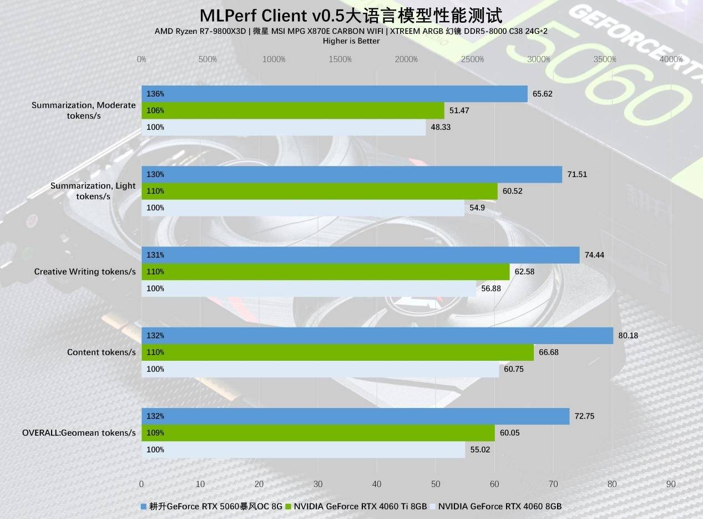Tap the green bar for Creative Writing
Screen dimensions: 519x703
325,271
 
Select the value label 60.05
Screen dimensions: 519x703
509,432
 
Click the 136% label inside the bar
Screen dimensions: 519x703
155,94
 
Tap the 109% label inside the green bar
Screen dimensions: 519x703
155,432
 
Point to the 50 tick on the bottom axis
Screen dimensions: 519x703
436,484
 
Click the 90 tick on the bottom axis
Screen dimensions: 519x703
671,484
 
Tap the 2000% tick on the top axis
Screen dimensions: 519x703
407,59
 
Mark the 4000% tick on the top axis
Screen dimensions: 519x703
671,59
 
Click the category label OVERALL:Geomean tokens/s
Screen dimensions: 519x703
79,432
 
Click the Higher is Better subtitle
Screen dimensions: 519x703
351,41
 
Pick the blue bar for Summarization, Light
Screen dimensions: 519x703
352,174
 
